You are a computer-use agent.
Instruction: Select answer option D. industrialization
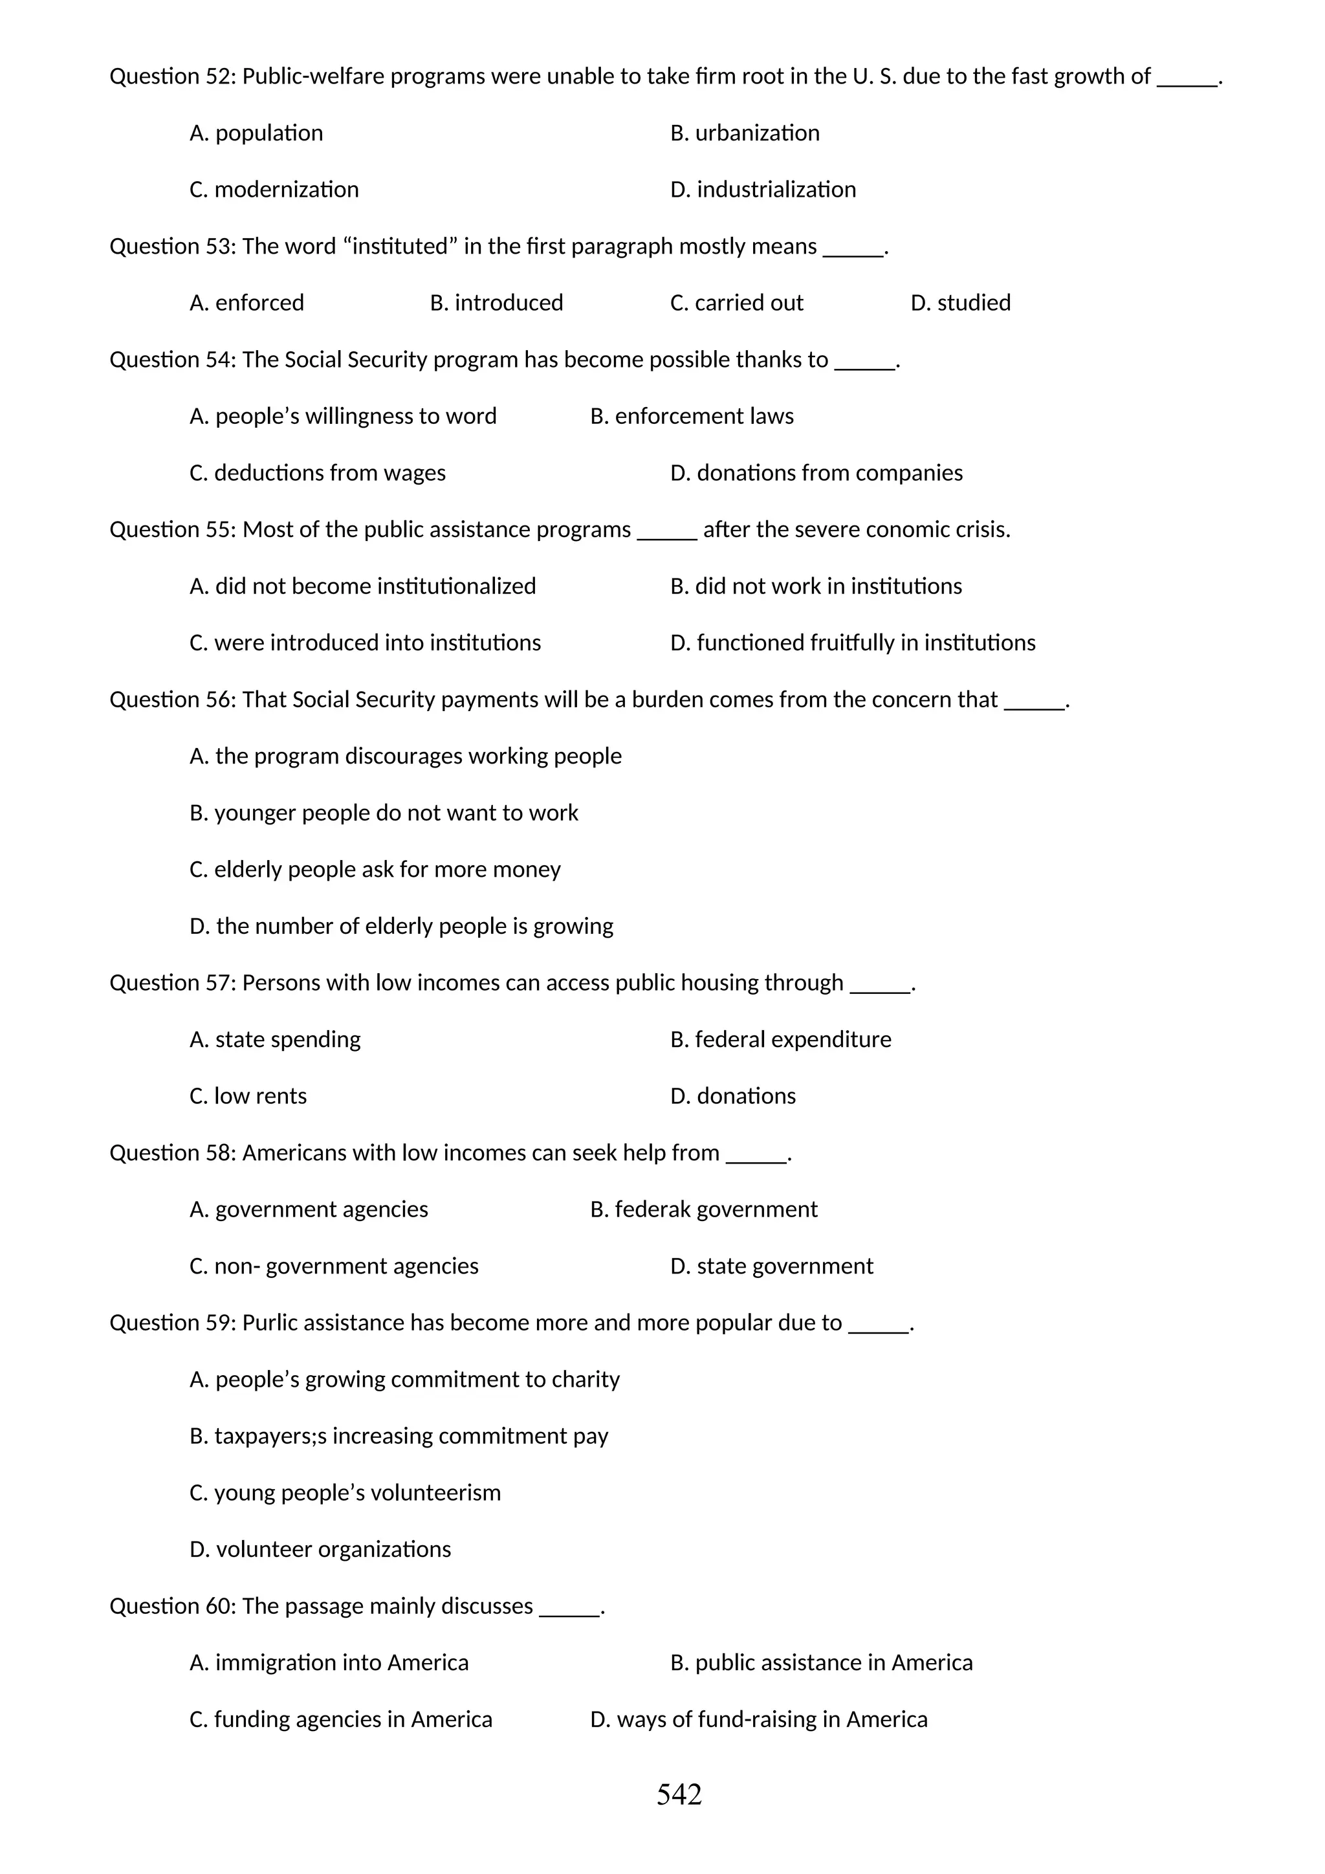(x=763, y=190)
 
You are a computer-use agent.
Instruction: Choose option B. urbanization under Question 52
(x=744, y=133)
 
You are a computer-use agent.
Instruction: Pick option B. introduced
(x=496, y=303)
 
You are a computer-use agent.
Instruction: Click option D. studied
(x=959, y=303)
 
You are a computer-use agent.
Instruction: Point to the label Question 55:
(x=173, y=530)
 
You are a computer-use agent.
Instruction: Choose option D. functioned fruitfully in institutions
(x=852, y=643)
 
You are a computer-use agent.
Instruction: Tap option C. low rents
(x=248, y=1096)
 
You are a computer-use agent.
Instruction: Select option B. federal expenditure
(x=780, y=1040)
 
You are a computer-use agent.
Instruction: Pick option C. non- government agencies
(x=334, y=1266)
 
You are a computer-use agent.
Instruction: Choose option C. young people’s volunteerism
(x=345, y=1493)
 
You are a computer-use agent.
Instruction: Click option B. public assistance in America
(x=821, y=1662)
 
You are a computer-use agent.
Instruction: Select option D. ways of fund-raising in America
(x=758, y=1720)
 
